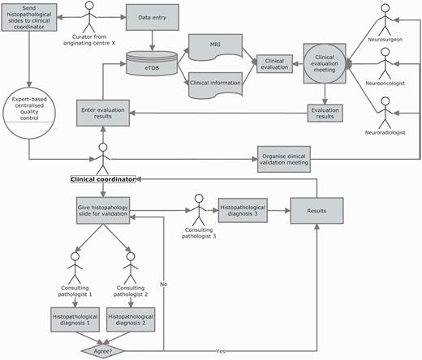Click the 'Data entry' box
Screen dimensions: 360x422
point(152,17)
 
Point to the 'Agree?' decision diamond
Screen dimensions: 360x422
point(103,352)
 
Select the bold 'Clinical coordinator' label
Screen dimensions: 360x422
point(103,176)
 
